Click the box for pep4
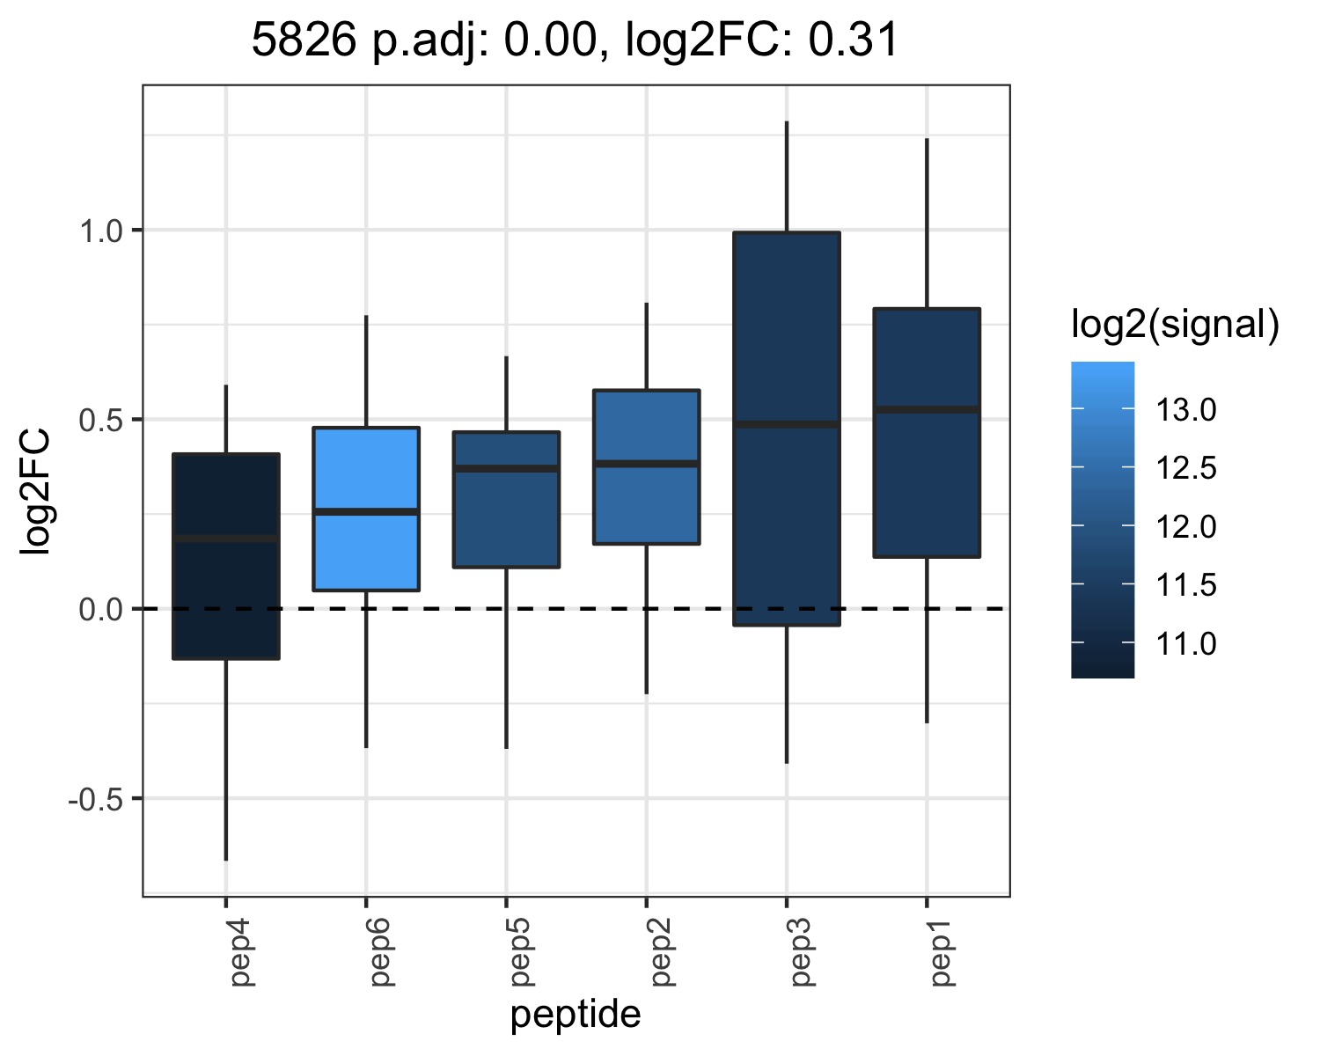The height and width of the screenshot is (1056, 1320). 226,556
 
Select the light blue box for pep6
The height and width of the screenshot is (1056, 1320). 366,509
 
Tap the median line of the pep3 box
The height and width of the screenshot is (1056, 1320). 787,424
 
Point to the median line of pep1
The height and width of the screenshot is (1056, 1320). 927,409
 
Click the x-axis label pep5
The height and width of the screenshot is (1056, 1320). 521,953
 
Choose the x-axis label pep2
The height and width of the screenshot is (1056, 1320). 661,953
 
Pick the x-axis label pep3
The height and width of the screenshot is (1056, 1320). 801,953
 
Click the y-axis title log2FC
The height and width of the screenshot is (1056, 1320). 35,492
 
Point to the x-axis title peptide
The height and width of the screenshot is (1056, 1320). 576,1016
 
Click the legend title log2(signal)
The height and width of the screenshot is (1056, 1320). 1176,324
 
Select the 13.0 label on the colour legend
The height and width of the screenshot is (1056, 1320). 1185,409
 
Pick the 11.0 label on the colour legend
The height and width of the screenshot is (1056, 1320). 1185,643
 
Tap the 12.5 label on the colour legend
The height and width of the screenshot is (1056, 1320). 1185,468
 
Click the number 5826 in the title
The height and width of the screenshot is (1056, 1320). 304,40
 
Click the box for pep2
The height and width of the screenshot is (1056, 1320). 647,467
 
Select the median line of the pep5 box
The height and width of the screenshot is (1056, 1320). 506,468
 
